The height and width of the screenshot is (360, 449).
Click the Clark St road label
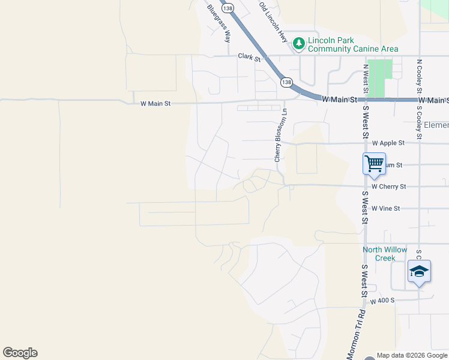249,58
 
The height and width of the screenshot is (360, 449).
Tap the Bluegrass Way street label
218,23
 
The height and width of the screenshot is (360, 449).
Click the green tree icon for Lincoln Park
298,44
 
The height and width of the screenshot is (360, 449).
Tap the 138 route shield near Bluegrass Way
227,8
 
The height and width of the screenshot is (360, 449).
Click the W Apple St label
388,143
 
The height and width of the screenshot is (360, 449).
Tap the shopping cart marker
374,163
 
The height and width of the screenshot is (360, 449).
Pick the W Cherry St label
388,187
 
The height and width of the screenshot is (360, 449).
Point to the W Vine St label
385,208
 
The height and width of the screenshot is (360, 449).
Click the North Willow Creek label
384,254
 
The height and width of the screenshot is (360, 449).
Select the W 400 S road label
382,300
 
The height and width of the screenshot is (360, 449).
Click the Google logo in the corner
20,353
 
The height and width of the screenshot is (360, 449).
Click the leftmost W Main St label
155,103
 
